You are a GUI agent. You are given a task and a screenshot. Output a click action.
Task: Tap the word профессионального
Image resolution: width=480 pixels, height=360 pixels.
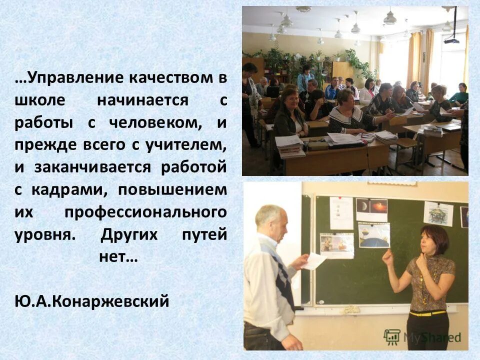pyautogui.click(x=145, y=212)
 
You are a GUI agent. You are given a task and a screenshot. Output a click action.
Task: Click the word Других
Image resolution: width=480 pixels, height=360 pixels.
pyautogui.click(x=131, y=234)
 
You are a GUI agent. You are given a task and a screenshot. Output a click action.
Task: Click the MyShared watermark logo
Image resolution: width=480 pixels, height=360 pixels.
pyautogui.click(x=422, y=336)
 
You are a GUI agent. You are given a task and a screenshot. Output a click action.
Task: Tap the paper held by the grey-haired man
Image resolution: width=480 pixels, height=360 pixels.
pyautogui.click(x=314, y=260)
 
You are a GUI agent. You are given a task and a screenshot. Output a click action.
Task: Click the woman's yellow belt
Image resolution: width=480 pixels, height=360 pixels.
pyautogui.click(x=427, y=313)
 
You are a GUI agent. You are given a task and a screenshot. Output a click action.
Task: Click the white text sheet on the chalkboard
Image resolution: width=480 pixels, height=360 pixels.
pyautogui.click(x=341, y=213)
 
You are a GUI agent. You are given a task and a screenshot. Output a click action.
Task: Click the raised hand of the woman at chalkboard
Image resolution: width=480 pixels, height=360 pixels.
pyautogui.click(x=387, y=257)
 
